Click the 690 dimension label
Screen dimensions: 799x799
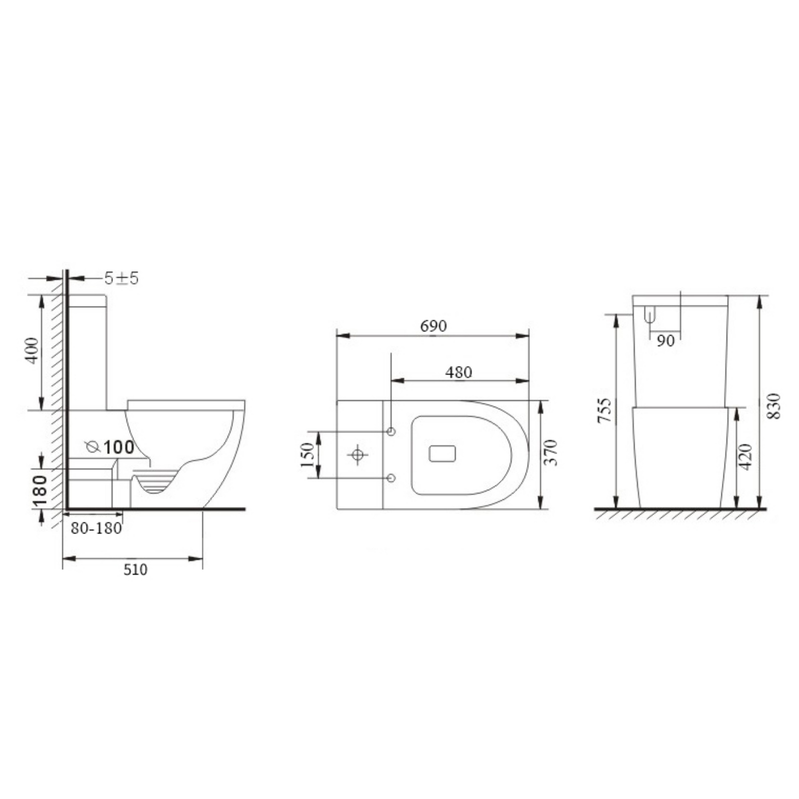tap(433, 326)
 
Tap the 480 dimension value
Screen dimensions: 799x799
tap(458, 373)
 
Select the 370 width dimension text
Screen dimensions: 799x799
tap(551, 453)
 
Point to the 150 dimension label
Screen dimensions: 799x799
tap(308, 455)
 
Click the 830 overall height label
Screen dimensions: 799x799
tap(773, 406)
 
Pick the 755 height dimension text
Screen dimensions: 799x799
tap(604, 410)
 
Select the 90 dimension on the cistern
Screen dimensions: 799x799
tap(666, 341)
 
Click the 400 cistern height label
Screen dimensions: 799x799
tap(32, 351)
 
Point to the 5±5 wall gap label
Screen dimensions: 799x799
tap(121, 279)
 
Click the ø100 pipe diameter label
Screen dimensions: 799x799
tap(111, 447)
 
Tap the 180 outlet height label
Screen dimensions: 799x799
tap(40, 491)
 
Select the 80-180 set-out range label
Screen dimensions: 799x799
tap(96, 528)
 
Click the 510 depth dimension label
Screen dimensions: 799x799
tap(135, 570)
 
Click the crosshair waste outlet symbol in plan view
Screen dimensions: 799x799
tap(358, 455)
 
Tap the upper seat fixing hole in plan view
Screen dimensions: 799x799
tap(391, 432)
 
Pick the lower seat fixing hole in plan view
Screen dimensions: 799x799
tap(391, 479)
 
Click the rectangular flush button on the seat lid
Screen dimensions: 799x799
tap(442, 454)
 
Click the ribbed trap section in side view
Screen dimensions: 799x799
tap(155, 482)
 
